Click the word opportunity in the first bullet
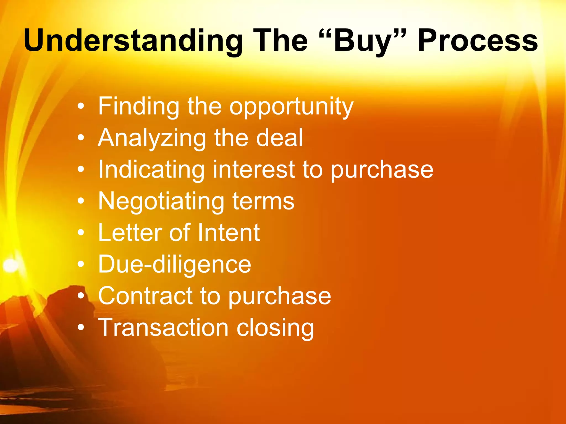(291, 107)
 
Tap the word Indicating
(151, 170)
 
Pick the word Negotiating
(161, 202)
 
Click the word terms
(263, 202)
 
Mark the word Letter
(130, 232)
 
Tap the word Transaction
(163, 328)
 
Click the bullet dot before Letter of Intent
(81, 233)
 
